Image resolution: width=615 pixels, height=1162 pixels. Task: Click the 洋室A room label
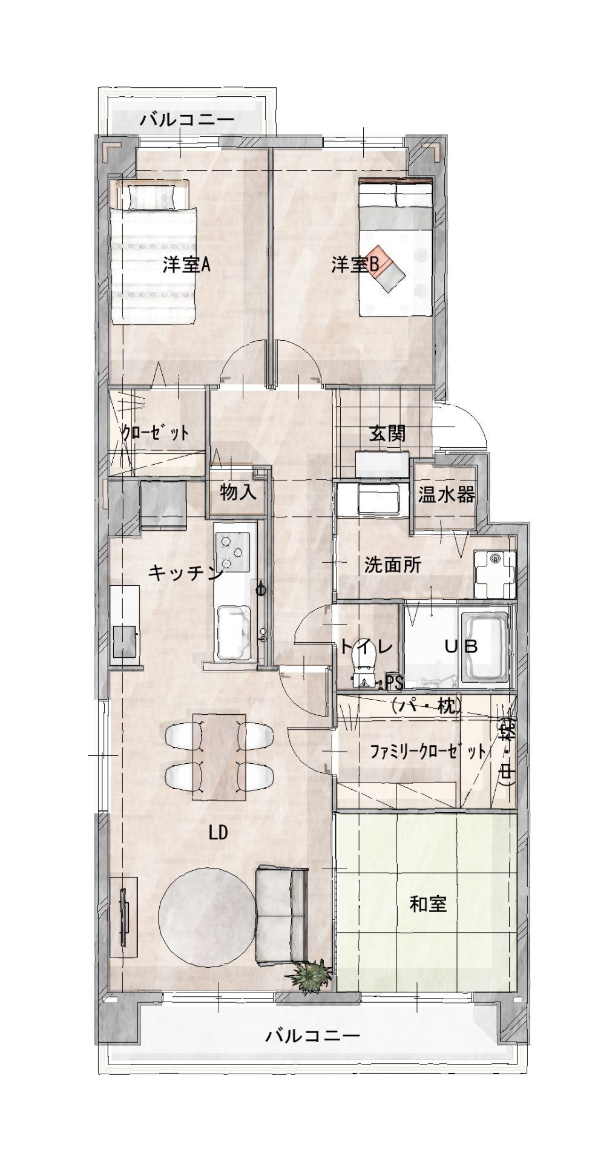(x=186, y=265)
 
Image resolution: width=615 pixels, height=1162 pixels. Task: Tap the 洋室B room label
(x=355, y=264)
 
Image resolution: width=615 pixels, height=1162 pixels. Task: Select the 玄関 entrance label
(x=387, y=433)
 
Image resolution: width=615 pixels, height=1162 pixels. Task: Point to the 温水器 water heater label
(x=446, y=494)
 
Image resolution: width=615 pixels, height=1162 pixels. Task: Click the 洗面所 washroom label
(x=392, y=565)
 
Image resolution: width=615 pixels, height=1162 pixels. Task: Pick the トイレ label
(x=366, y=646)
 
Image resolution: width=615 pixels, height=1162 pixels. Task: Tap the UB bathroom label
(x=462, y=646)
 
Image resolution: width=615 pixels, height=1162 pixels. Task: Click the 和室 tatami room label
(x=428, y=904)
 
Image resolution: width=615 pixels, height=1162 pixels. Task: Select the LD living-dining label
(x=218, y=833)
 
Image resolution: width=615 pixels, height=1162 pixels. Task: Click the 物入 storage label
(x=238, y=492)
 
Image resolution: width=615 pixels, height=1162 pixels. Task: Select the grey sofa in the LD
(x=281, y=915)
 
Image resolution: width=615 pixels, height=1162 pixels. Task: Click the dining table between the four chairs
(x=219, y=757)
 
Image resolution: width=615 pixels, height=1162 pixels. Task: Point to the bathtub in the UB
(x=484, y=647)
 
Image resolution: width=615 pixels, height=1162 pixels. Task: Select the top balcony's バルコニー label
(x=187, y=119)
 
